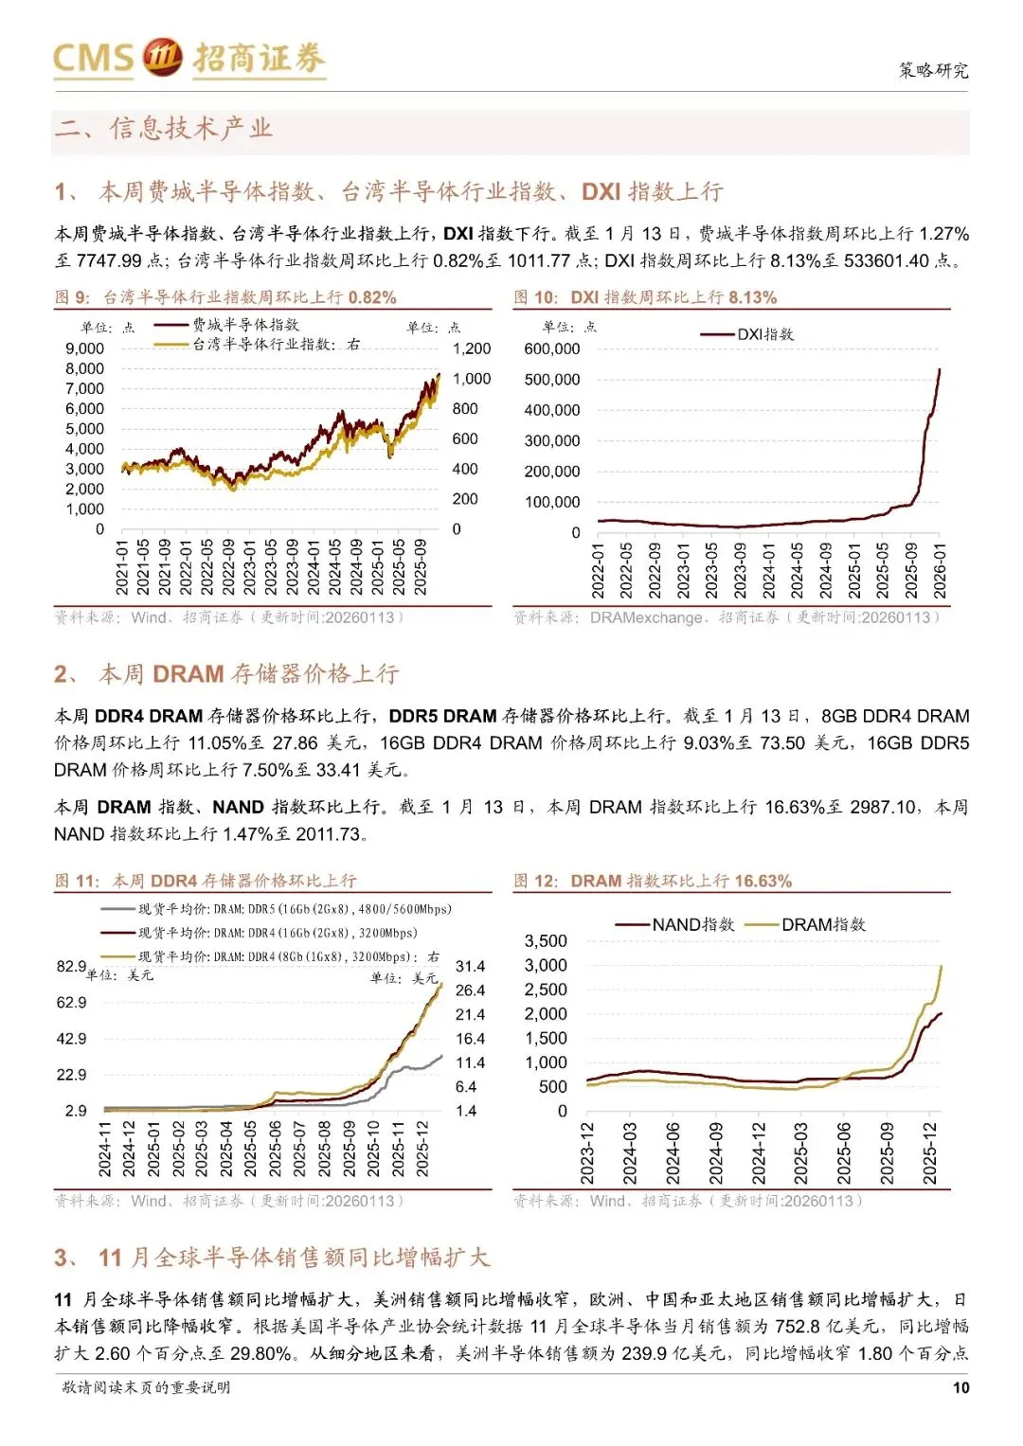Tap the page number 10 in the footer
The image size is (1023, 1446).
coord(960,1387)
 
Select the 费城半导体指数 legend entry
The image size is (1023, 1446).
coord(245,325)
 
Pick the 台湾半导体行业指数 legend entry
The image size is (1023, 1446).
coord(276,344)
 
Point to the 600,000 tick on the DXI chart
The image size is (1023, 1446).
coord(552,348)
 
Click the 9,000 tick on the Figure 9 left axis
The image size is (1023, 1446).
coord(85,348)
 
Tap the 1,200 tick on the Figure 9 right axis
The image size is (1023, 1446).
coord(472,348)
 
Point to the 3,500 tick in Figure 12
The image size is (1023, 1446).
coord(546,940)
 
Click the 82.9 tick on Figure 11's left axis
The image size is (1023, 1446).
coord(71,966)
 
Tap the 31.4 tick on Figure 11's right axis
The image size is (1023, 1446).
coord(470,966)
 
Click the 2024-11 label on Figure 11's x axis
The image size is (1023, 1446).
coord(104,1149)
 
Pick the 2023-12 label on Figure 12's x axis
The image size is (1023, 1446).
coord(587,1153)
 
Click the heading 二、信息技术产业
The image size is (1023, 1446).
coord(164,128)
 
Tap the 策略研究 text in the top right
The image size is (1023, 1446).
coord(933,70)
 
